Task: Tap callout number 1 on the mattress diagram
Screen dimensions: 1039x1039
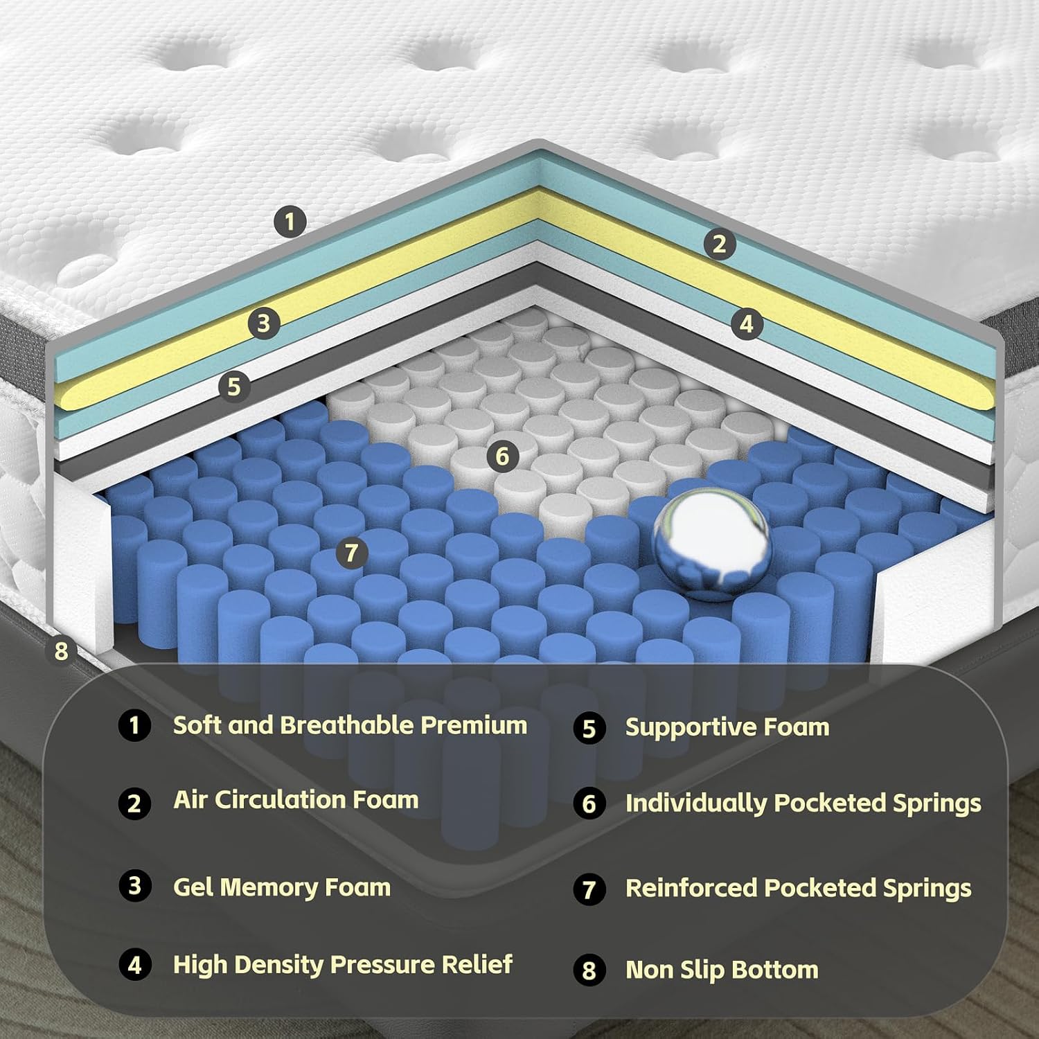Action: pyautogui.click(x=290, y=222)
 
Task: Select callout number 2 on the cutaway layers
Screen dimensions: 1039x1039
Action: pyautogui.click(x=720, y=243)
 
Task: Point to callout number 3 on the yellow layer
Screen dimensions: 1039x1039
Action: pyautogui.click(x=263, y=323)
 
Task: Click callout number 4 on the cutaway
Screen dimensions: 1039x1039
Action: pyautogui.click(x=746, y=323)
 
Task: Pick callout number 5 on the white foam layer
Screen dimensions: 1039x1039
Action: pyautogui.click(x=234, y=385)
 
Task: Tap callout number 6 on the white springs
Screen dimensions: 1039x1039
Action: pyautogui.click(x=502, y=456)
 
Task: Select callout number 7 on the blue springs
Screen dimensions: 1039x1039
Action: pyautogui.click(x=352, y=553)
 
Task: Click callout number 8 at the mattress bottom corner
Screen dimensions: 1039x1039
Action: pyautogui.click(x=62, y=651)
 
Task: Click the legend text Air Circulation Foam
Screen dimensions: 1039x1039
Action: pyautogui.click(x=296, y=800)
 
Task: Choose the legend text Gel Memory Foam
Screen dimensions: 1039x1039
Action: pyautogui.click(x=282, y=887)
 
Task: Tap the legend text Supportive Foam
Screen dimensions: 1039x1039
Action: pyautogui.click(x=727, y=727)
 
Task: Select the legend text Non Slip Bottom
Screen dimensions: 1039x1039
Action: pyautogui.click(x=722, y=970)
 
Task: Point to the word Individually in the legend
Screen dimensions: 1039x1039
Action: pyautogui.click(x=697, y=803)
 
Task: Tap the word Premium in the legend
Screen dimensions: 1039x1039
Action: pyautogui.click(x=474, y=725)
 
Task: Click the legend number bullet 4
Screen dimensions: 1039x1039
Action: pyautogui.click(x=135, y=964)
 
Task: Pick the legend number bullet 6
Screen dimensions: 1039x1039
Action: pyautogui.click(x=589, y=803)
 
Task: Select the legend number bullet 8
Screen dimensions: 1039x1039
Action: pyautogui.click(x=589, y=970)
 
